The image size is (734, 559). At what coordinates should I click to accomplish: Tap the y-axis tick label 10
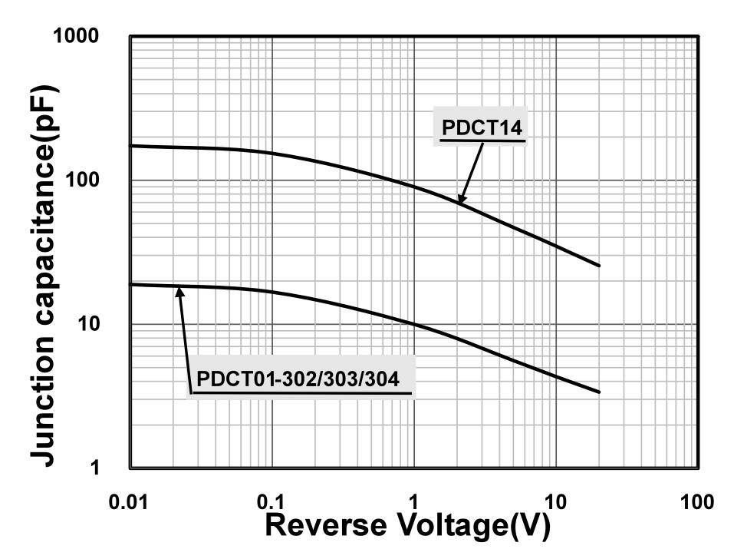click(x=106, y=323)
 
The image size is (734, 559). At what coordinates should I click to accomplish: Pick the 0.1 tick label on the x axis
click(x=272, y=502)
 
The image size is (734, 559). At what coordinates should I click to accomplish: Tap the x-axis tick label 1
click(x=414, y=502)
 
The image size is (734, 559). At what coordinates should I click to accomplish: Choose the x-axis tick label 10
click(x=556, y=502)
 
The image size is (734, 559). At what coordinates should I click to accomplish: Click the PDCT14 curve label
click(x=482, y=127)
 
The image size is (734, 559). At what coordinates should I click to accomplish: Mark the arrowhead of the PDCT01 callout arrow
click(x=179, y=289)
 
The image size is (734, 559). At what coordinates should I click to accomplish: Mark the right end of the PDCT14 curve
click(x=599, y=266)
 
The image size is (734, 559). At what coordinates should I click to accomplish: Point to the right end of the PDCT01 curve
click(x=599, y=392)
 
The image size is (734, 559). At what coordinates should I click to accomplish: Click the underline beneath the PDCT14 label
click(x=482, y=142)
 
